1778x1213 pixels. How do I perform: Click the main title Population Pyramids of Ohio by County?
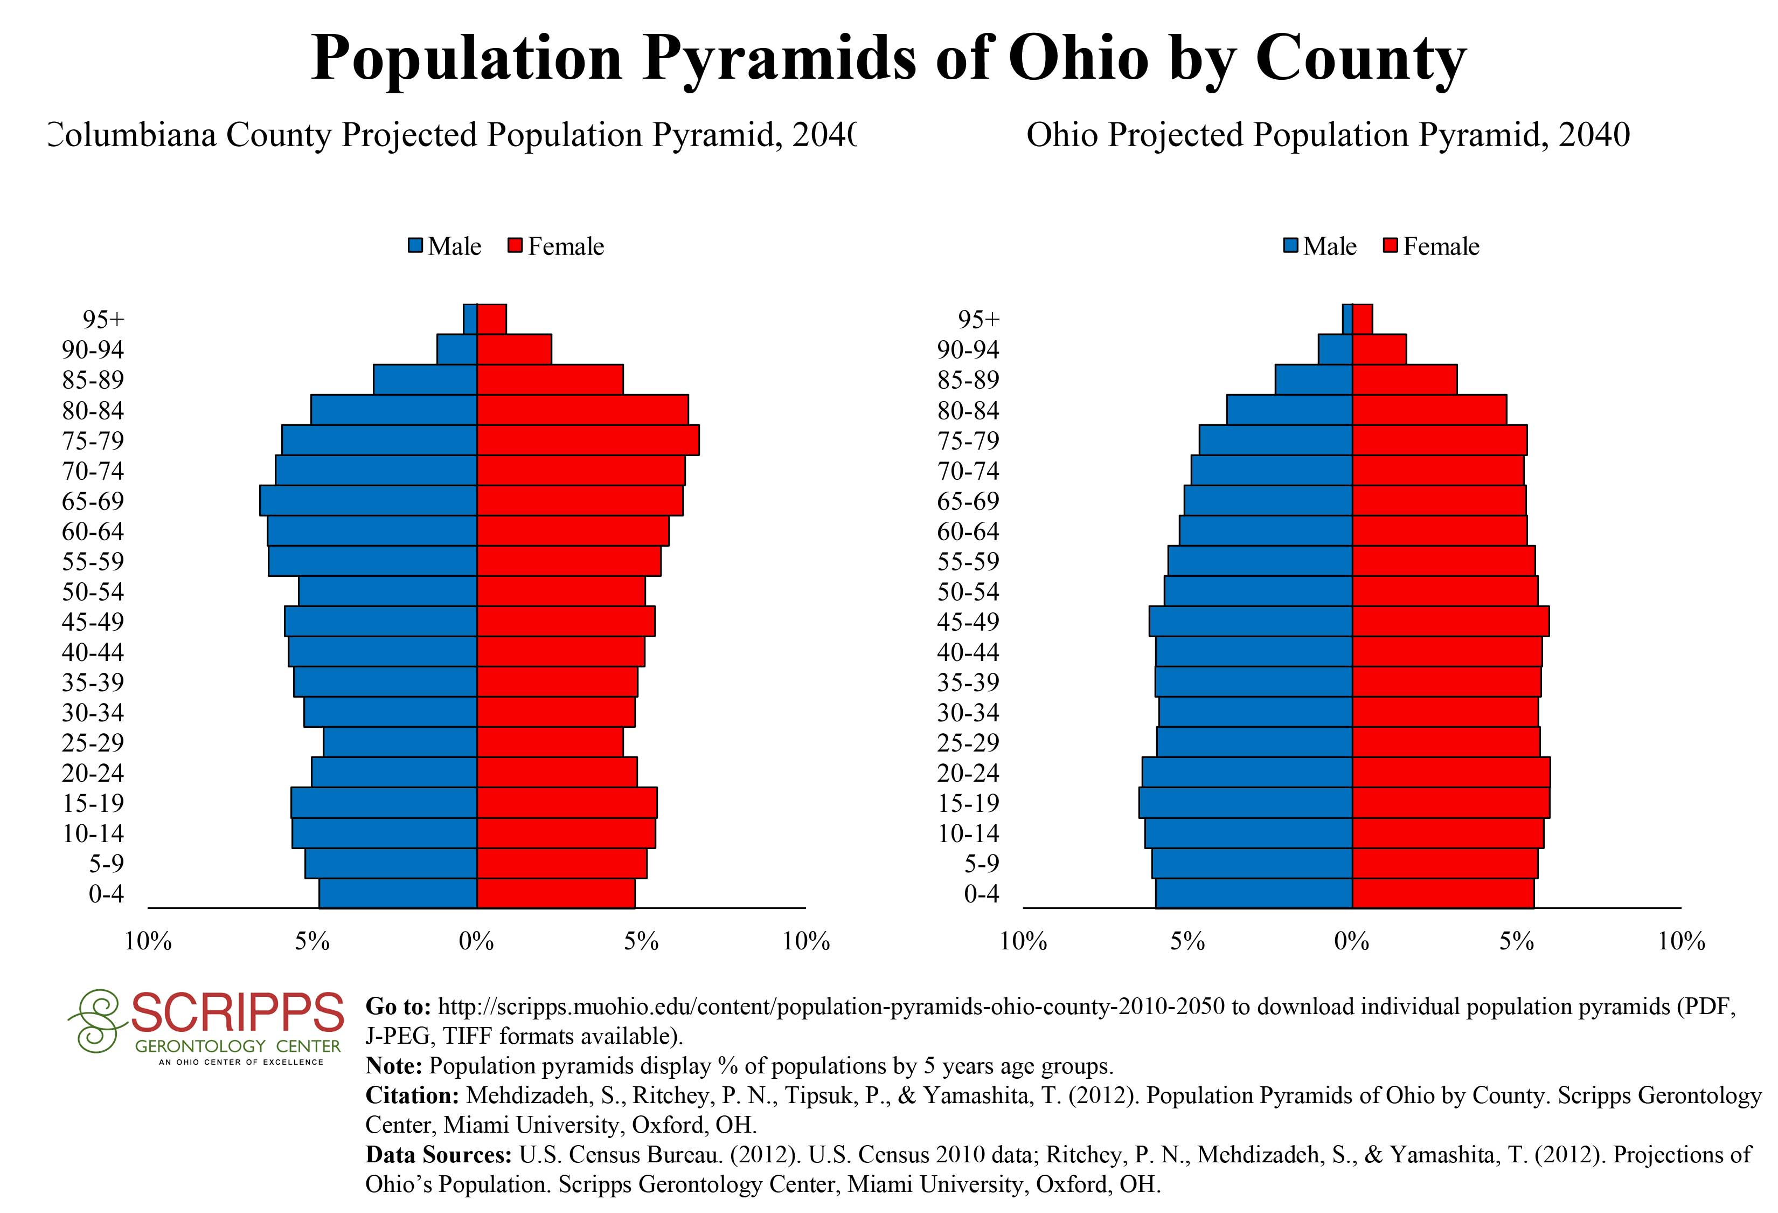pos(888,59)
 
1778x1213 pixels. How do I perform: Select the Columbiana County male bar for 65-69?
pos(368,500)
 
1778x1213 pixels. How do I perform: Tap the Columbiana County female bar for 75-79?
pos(588,440)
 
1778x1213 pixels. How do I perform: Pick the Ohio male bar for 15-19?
pos(1246,803)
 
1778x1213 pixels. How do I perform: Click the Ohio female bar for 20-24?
pos(1451,772)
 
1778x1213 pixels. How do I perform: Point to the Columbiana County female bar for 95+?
pos(491,319)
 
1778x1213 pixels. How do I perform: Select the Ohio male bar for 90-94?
pos(1335,349)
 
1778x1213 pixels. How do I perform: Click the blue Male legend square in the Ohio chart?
pos(1290,246)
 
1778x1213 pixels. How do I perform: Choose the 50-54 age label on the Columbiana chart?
pos(93,591)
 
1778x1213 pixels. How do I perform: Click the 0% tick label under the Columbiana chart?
pos(477,941)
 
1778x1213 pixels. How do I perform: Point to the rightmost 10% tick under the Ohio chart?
pos(1682,941)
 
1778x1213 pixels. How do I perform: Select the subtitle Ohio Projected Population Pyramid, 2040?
pos(1328,135)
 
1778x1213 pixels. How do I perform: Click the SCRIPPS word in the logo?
pos(237,1012)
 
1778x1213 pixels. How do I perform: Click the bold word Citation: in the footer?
pos(412,1095)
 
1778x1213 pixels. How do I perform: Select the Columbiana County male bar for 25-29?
pos(400,742)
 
